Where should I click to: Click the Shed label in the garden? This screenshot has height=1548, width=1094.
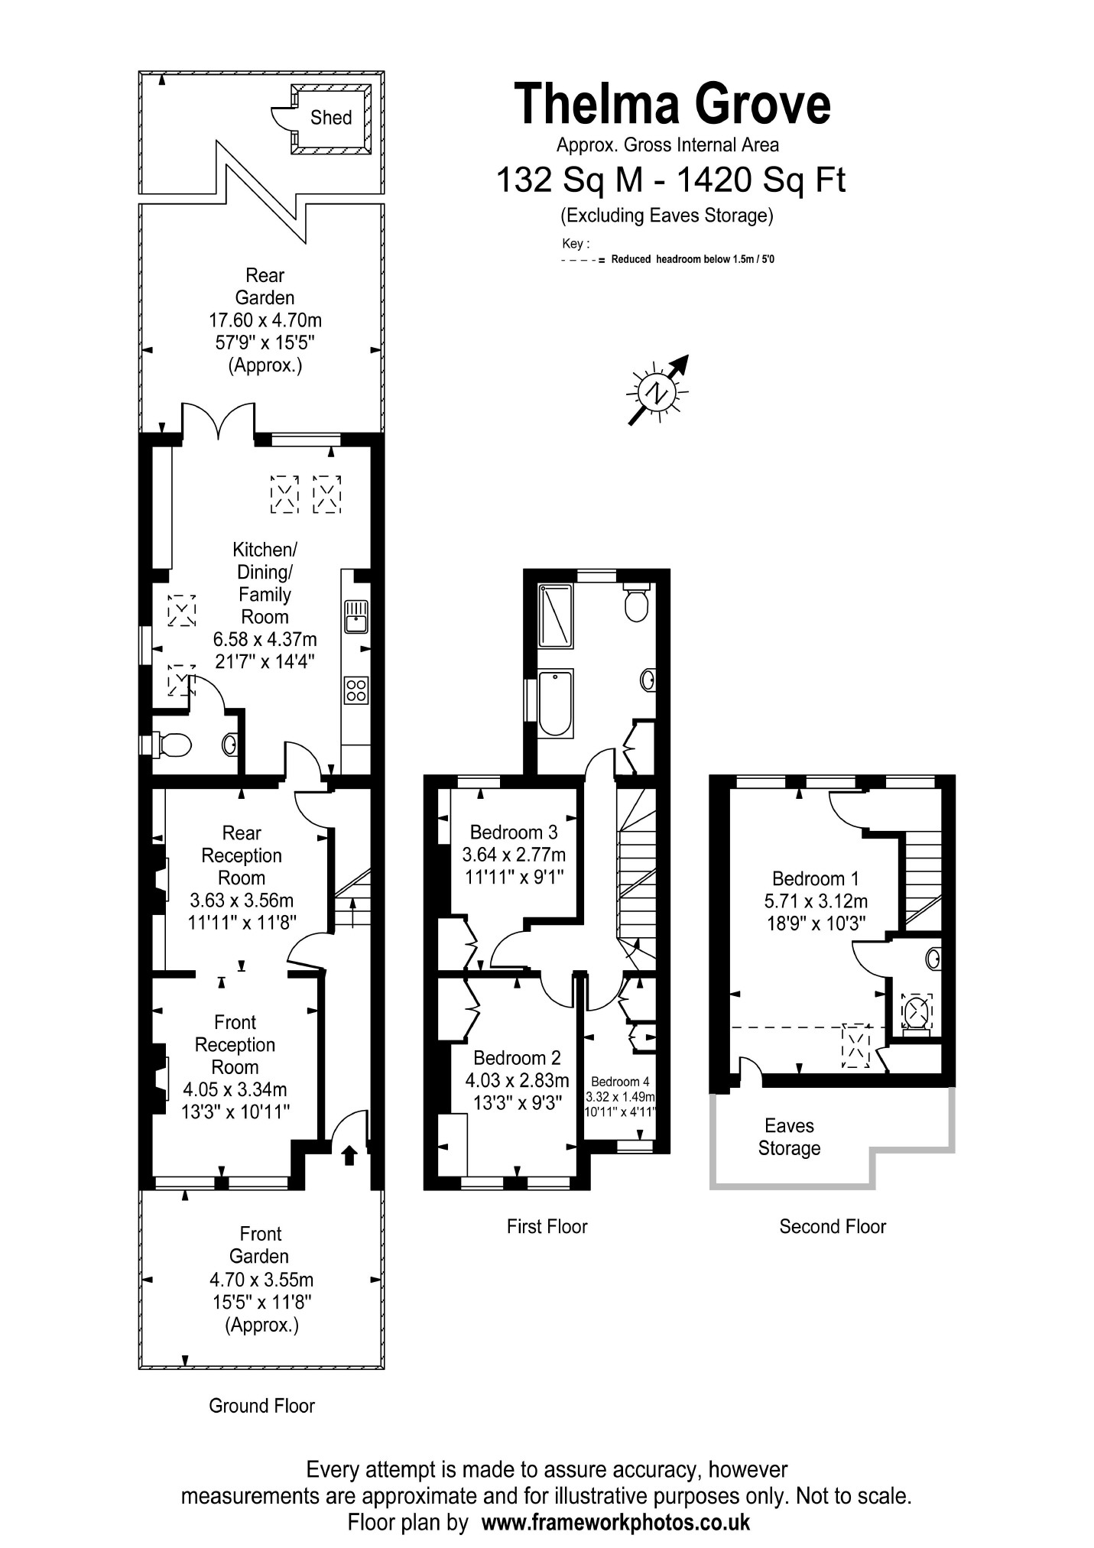coord(331,118)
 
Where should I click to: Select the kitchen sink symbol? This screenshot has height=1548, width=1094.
coord(355,616)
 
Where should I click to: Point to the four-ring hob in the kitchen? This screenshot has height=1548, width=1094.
coord(356,690)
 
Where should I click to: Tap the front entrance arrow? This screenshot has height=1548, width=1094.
coord(349,1154)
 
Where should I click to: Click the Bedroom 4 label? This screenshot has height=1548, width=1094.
coord(620,1082)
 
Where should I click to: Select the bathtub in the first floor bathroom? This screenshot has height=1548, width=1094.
coord(555,703)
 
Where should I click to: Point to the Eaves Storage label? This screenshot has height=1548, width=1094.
coord(789,1137)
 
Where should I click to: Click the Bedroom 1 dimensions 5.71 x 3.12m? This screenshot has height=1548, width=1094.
coord(816,901)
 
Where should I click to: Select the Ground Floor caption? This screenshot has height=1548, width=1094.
coord(261,1406)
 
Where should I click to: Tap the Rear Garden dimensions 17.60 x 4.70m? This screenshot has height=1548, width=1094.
coord(265,320)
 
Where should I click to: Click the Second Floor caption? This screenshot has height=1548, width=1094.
coord(833,1227)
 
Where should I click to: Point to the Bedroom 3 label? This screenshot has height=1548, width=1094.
coord(514,832)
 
